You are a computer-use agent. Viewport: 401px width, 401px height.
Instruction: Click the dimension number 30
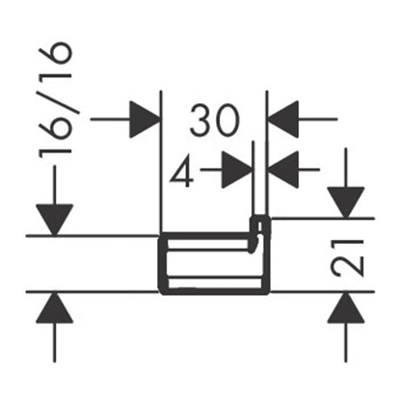(215, 120)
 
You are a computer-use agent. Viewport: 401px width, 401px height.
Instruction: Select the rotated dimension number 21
(348, 258)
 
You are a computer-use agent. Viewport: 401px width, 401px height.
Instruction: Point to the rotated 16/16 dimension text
(55, 100)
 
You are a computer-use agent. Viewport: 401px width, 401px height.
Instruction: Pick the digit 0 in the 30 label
(227, 120)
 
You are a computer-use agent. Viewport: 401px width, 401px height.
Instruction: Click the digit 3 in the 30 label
(200, 120)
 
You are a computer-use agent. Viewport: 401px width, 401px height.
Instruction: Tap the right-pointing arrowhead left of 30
(145, 120)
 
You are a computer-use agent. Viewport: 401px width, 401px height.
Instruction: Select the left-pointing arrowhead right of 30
(283, 120)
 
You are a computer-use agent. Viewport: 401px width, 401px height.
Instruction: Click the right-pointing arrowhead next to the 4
(237, 170)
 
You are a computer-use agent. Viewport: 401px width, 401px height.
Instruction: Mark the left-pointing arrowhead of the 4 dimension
(283, 170)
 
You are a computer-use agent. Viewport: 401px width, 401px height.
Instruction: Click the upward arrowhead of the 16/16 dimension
(55, 307)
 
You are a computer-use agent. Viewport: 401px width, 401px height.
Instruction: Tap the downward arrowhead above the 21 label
(346, 202)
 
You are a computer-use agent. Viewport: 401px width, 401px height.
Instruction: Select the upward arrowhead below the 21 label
(346, 307)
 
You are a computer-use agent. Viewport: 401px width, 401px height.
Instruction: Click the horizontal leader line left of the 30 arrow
(110, 120)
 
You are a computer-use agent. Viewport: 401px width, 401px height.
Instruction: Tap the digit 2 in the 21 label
(348, 267)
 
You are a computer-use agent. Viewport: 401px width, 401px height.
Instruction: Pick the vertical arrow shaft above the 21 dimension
(346, 168)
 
